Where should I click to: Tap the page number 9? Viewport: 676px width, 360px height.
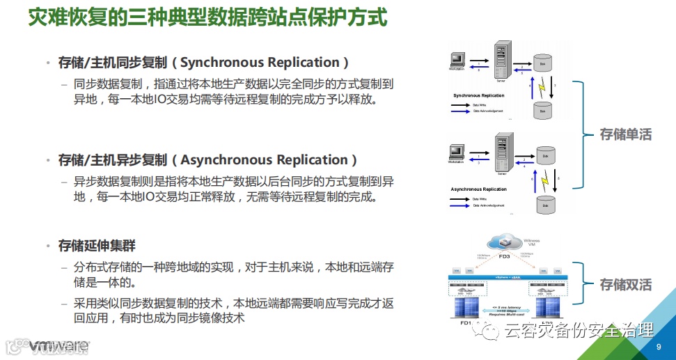[x=659, y=347]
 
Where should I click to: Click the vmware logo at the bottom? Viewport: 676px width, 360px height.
[x=59, y=346]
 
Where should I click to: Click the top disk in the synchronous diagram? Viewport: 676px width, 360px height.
[x=542, y=63]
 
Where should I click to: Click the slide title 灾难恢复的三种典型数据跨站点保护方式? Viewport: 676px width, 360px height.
[x=207, y=17]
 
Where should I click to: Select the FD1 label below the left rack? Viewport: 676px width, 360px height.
[x=466, y=324]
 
